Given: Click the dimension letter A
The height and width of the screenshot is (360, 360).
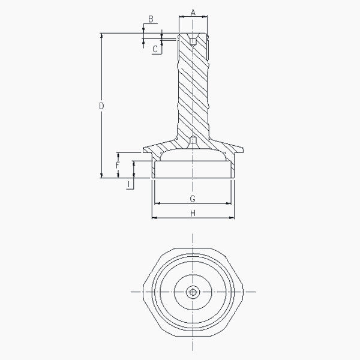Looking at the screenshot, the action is tap(193, 13).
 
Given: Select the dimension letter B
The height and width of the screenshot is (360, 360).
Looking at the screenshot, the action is tap(151, 19).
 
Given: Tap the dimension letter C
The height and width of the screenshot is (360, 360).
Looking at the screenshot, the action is tap(155, 49).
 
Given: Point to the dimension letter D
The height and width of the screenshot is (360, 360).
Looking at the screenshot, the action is tap(101, 106).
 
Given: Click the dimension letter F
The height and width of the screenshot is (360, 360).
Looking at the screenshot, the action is tap(118, 166).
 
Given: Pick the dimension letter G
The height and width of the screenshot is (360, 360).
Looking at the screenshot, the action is tap(193, 199).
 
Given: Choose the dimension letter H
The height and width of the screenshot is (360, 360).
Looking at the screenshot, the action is tap(193, 213).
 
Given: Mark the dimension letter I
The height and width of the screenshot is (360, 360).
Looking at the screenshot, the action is tap(129, 184).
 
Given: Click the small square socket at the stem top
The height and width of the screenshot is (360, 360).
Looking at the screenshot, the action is tap(193, 41).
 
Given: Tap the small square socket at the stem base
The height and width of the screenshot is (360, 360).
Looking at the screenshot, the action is tap(193, 140).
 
